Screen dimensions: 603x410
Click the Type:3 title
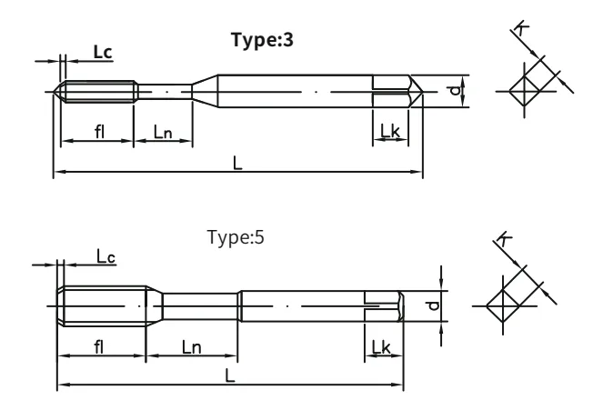click(x=262, y=40)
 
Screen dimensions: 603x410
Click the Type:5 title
click(x=236, y=237)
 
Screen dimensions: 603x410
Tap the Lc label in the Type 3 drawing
click(x=103, y=52)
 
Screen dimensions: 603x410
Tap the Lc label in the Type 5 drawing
click(x=106, y=256)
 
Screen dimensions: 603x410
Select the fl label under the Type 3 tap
click(x=100, y=132)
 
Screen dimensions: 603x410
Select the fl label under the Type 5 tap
click(x=99, y=346)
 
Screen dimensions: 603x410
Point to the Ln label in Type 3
click(x=163, y=132)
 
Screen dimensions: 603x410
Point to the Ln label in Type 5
click(x=192, y=347)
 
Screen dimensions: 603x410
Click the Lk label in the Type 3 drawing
click(x=390, y=131)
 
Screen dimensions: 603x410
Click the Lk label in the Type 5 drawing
click(x=381, y=347)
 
